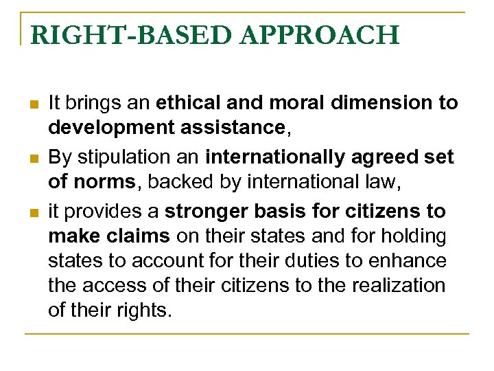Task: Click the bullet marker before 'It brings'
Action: (x=34, y=104)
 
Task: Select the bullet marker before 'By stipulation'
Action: (x=34, y=158)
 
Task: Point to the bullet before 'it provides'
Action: (x=34, y=212)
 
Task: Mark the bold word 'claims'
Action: (x=137, y=235)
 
